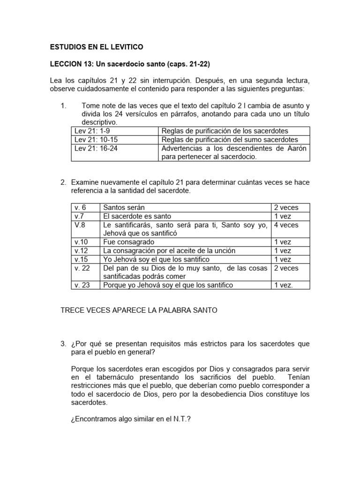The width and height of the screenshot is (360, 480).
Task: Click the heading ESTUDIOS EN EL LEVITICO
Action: [x=97, y=47]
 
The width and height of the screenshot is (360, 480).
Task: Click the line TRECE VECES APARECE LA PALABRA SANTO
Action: [x=139, y=310]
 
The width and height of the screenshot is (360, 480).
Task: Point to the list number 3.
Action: [x=63, y=344]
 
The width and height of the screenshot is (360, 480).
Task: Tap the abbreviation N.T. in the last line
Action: [x=181, y=420]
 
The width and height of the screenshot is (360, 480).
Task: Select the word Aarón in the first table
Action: [x=296, y=149]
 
